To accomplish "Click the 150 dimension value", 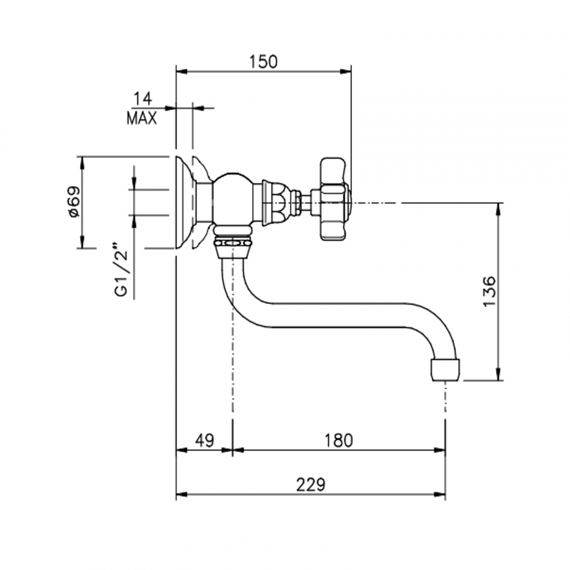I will click(264, 62).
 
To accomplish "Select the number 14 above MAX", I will click(142, 99).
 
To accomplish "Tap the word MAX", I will click(142, 118).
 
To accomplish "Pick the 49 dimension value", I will click(204, 440).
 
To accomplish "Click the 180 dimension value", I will click(339, 440).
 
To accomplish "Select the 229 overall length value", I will click(310, 485).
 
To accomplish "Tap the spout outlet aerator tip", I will click(445, 369).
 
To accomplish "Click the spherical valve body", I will click(232, 198).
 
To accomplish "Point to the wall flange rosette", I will click(184, 202).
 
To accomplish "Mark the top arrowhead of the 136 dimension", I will click(499, 209).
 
